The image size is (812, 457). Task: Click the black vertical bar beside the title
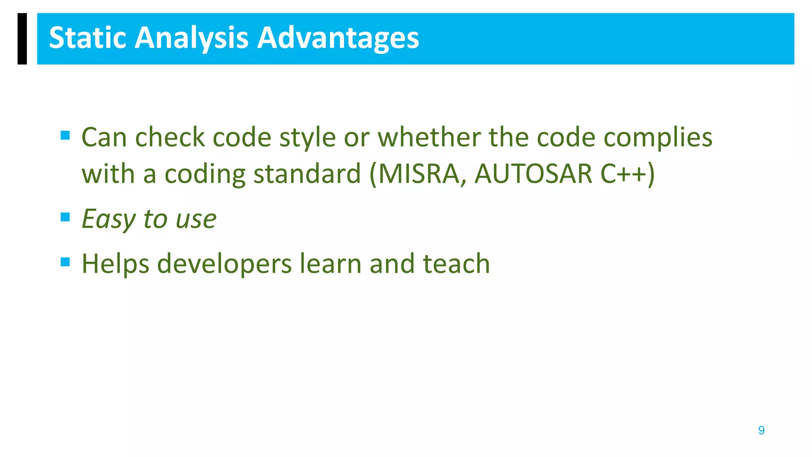click(22, 38)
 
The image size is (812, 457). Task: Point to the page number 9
click(761, 430)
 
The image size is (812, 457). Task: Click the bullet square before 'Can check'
click(65, 136)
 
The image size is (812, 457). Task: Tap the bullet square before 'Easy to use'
click(65, 217)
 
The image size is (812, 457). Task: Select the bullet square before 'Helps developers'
click(65, 262)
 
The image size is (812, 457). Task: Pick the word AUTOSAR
click(533, 174)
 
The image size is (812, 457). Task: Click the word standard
click(307, 174)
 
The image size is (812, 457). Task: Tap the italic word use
click(196, 219)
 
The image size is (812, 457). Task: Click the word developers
click(224, 264)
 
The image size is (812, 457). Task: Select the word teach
click(456, 263)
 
